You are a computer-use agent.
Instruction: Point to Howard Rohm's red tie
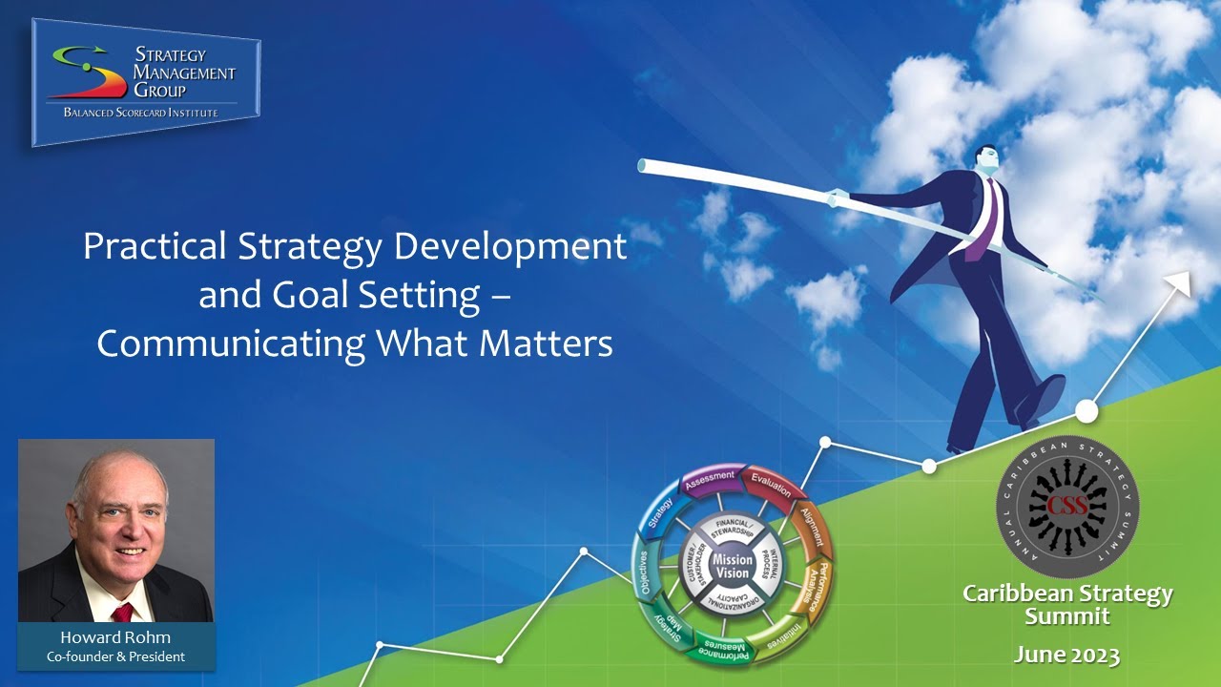point(122,612)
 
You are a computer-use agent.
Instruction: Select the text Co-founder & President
point(115,656)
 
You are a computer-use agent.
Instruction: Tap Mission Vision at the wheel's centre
point(732,567)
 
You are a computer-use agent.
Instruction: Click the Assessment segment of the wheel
point(710,477)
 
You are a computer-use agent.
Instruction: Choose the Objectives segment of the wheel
point(645,572)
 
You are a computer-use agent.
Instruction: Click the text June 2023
point(1066,655)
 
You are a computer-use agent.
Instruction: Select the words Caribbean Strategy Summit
point(1067,605)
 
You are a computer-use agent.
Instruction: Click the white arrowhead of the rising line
point(1182,281)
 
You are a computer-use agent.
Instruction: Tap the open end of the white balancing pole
point(643,166)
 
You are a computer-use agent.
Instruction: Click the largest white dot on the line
point(1086,411)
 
